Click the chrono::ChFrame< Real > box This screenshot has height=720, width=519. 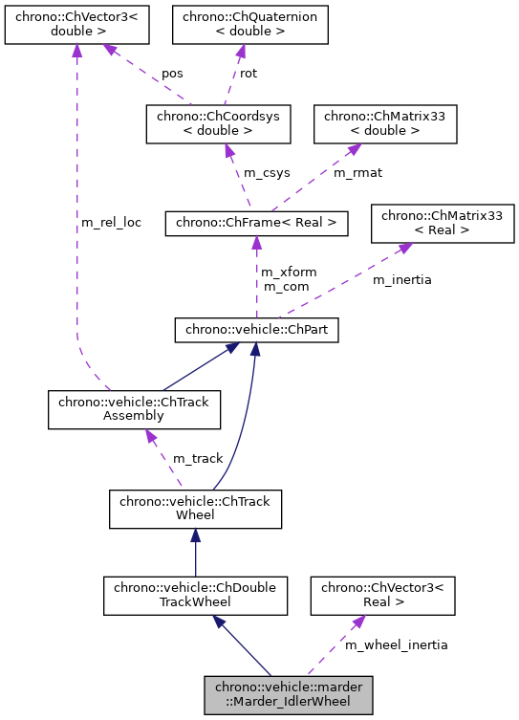coord(256,224)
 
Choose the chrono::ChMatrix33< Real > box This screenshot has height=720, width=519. coord(443,224)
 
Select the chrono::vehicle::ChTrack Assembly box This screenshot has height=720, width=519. coord(134,409)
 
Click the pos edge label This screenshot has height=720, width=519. coord(172,73)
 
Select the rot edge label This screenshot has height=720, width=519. coord(249,73)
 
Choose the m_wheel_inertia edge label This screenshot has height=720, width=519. coord(396,644)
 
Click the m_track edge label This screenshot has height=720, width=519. coord(198,459)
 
